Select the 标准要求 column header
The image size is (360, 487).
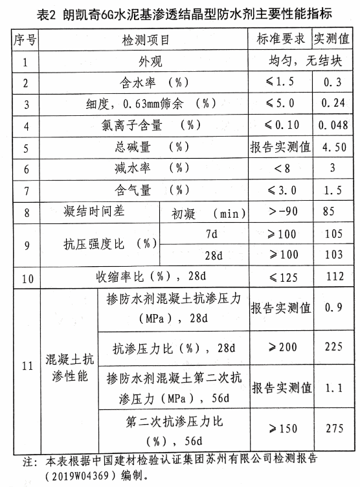click(280, 40)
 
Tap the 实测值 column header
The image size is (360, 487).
click(333, 40)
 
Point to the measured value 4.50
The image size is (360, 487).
click(334, 148)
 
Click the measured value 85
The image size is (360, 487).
click(334, 212)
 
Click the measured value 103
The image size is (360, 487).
click(334, 255)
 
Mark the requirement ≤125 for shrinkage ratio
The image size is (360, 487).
click(280, 277)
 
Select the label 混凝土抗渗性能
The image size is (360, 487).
click(65, 367)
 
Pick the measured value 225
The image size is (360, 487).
click(334, 347)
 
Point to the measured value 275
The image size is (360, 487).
click(334, 429)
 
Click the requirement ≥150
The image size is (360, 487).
click(280, 429)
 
